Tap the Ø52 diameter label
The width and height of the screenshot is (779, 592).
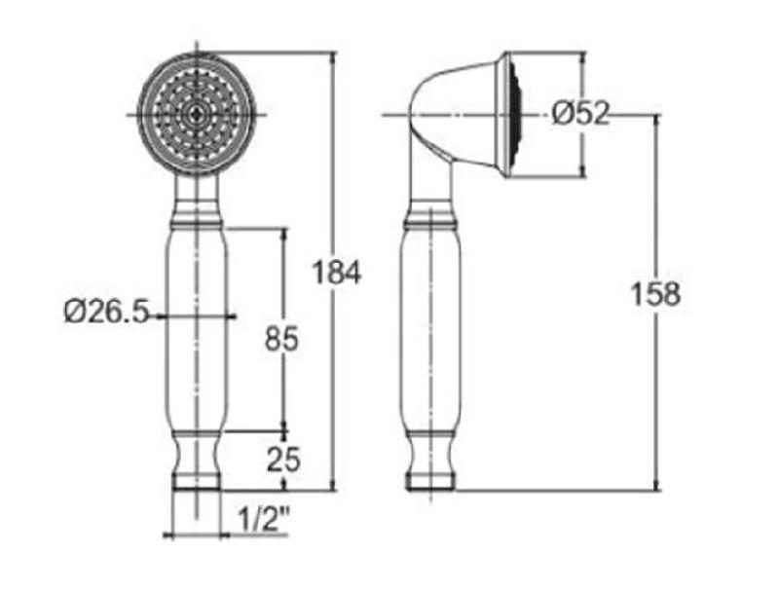pyautogui.click(x=580, y=115)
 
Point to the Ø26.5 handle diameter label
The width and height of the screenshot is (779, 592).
pyautogui.click(x=105, y=313)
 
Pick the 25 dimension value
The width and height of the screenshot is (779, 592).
pyautogui.click(x=282, y=458)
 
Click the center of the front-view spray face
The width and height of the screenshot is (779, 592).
pyautogui.click(x=198, y=114)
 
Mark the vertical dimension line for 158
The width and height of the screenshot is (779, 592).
pyautogui.click(x=655, y=409)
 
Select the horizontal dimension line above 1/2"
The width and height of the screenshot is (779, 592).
pyautogui.click(x=198, y=535)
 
